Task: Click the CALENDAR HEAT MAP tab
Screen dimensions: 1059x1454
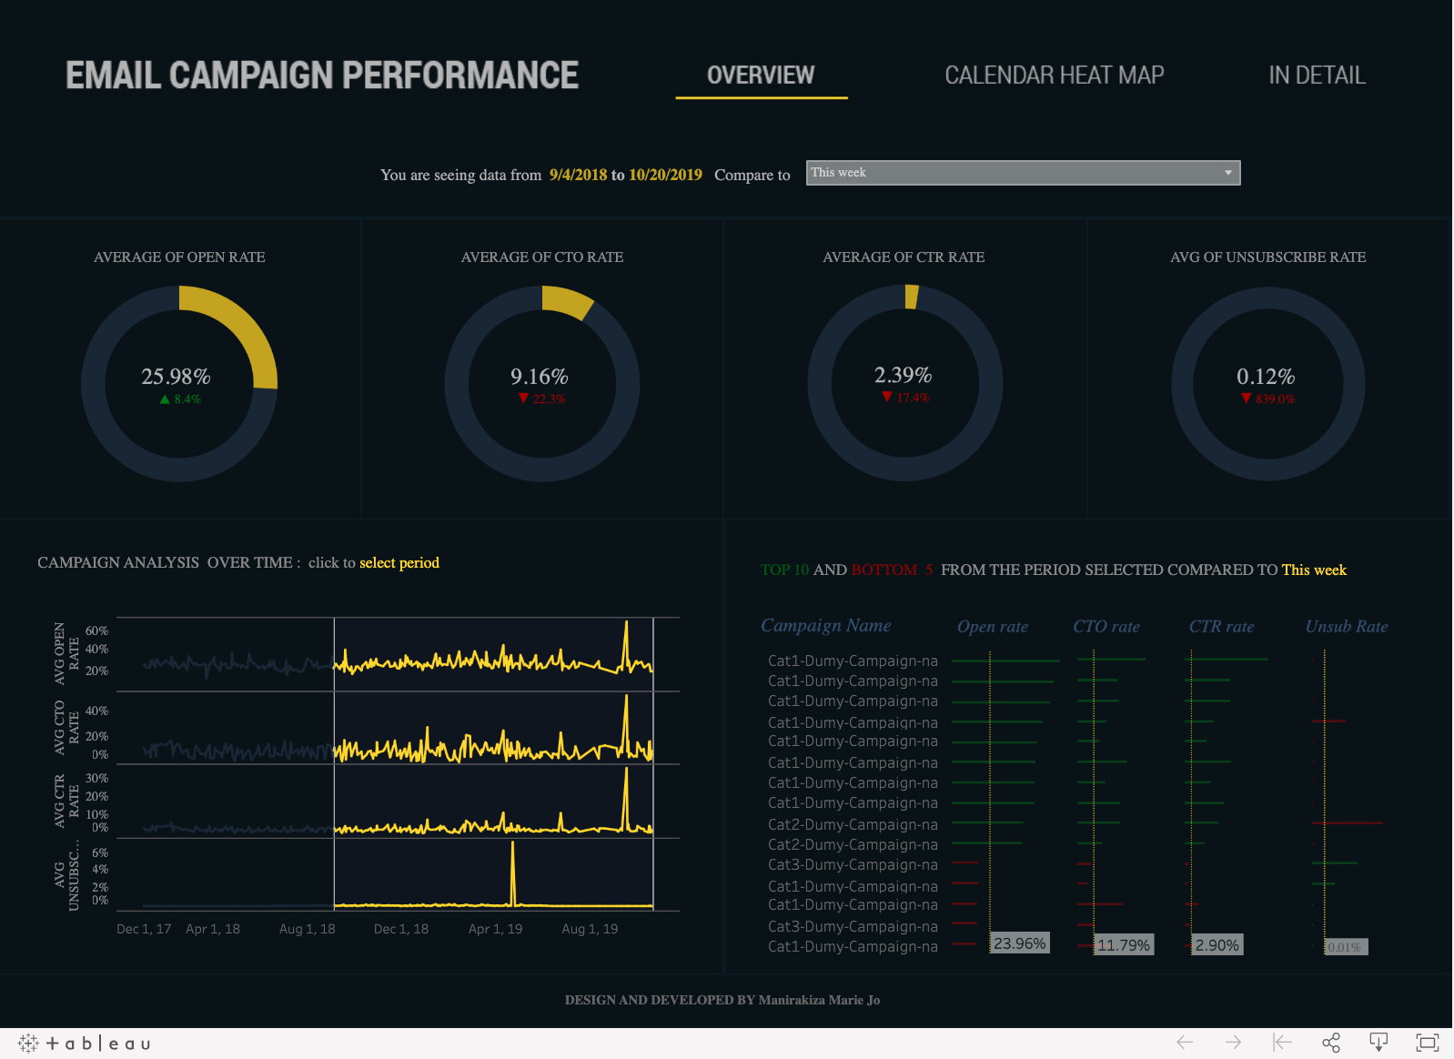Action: [x=1054, y=76]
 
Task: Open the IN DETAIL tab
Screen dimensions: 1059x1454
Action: [x=1317, y=76]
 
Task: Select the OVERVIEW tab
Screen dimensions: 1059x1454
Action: [x=761, y=76]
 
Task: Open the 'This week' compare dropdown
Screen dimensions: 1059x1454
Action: [x=1023, y=173]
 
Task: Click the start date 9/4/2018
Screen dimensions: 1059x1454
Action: [x=578, y=175]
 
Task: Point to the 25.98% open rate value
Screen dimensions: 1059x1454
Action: [x=176, y=376]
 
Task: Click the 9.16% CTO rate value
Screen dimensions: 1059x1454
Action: [x=539, y=376]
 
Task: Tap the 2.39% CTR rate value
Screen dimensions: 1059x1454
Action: [x=903, y=375]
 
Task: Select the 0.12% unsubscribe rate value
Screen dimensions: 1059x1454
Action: [x=1265, y=376]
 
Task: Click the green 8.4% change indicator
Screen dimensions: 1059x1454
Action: [x=181, y=399]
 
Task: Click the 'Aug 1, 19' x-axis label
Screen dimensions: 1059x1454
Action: [x=590, y=929]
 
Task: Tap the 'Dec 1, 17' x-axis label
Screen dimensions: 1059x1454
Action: [x=144, y=929]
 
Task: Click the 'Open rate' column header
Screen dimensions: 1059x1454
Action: [x=992, y=626]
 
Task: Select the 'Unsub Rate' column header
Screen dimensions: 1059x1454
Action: [x=1346, y=626]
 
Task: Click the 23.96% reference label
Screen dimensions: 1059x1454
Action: [x=1019, y=943]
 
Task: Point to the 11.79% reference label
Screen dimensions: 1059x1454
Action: [x=1123, y=945]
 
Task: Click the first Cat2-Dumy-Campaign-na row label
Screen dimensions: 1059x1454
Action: [x=853, y=824]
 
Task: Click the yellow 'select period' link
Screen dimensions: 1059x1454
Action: [x=399, y=562]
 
